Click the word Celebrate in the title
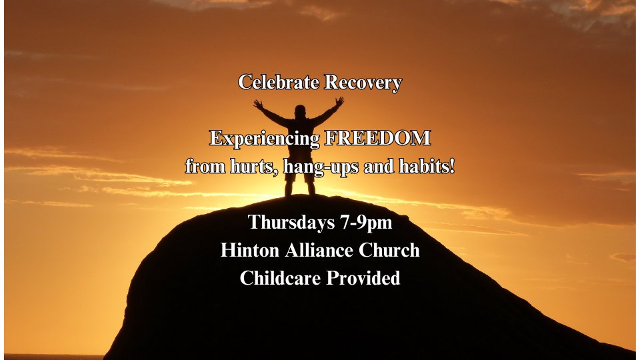[x=279, y=82]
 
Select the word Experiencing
[x=265, y=139]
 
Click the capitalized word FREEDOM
[x=377, y=138]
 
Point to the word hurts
[x=251, y=166]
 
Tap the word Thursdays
[x=291, y=223]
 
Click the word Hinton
[x=250, y=250]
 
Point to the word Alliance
[x=319, y=250]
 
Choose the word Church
[x=389, y=250]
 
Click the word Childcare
[x=281, y=278]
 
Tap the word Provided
[x=363, y=278]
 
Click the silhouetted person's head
[x=300, y=111]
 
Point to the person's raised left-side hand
[x=258, y=104]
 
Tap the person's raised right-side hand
[x=339, y=101]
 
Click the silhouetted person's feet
[x=300, y=193]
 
